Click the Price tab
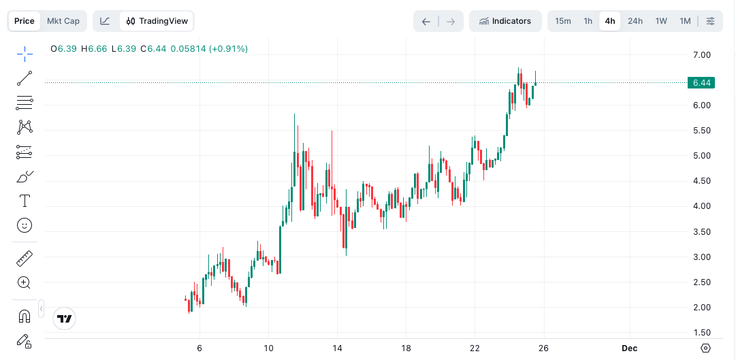(x=25, y=21)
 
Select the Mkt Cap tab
(x=63, y=21)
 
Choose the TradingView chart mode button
(x=157, y=21)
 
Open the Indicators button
(x=505, y=21)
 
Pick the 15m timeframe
(x=563, y=21)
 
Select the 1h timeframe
(x=588, y=21)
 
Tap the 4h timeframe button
(x=610, y=21)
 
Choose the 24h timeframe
(x=635, y=21)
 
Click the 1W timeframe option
(x=661, y=21)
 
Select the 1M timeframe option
(x=685, y=21)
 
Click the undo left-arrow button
(x=426, y=21)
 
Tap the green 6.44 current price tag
(x=701, y=83)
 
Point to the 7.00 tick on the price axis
(x=702, y=55)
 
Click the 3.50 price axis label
(x=702, y=232)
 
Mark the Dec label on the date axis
(x=629, y=348)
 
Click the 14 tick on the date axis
(x=336, y=348)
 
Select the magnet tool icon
(x=25, y=316)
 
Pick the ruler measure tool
(x=25, y=259)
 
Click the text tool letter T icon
(x=25, y=201)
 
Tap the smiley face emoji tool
(x=25, y=225)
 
